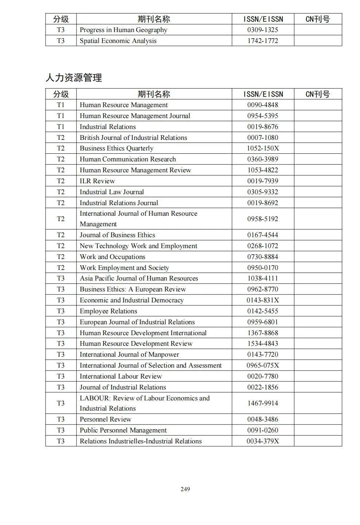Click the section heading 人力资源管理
tap(74, 78)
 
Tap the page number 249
tap(185, 489)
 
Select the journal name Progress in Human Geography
tap(123, 30)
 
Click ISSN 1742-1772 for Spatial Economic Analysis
tap(262, 41)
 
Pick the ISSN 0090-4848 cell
tap(262, 105)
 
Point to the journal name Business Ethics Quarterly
tap(116, 148)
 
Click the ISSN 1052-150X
tap(262, 148)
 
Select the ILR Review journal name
tap(97, 181)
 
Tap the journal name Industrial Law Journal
tap(111, 192)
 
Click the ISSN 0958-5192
tap(262, 219)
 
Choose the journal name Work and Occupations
tap(112, 257)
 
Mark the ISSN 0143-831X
tap(262, 300)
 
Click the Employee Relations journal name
tap(108, 311)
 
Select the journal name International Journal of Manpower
tap(129, 354)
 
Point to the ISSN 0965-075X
tap(262, 365)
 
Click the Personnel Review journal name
tap(105, 419)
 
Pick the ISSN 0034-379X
tap(262, 441)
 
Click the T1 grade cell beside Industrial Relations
tap(60, 127)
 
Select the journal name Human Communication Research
tap(128, 159)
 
